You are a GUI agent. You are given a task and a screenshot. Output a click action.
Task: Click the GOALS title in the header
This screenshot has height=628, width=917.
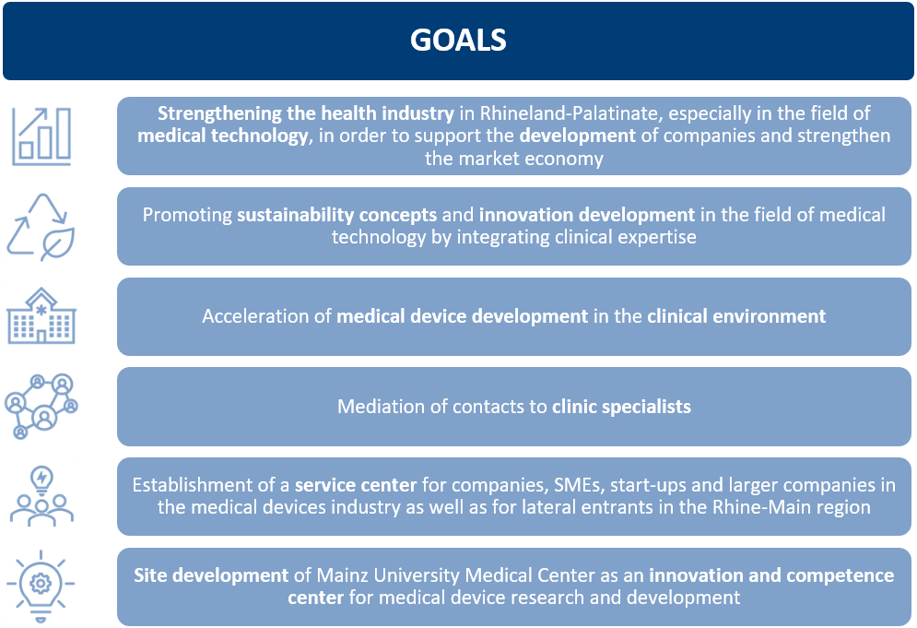click(x=458, y=40)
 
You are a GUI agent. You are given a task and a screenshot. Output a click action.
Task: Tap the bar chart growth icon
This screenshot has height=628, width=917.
click(x=41, y=136)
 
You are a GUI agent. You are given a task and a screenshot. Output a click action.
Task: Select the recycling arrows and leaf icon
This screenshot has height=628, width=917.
click(x=41, y=227)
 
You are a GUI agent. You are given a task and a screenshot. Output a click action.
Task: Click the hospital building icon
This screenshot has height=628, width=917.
click(x=41, y=315)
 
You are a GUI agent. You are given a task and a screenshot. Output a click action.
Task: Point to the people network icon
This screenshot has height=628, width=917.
click(x=41, y=406)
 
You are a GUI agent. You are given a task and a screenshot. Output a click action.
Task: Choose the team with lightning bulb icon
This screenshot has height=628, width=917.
click(x=41, y=496)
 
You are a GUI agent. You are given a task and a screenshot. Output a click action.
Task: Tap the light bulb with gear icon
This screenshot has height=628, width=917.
click(x=41, y=586)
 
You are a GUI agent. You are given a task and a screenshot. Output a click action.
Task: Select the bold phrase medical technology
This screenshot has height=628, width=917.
click(x=223, y=136)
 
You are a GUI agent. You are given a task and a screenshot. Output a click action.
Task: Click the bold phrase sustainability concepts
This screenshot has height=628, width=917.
click(x=337, y=215)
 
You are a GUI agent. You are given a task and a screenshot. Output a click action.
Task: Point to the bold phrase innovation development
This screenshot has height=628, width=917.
click(x=587, y=215)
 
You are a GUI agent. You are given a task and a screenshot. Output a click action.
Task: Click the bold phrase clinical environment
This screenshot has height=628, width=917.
click(x=736, y=316)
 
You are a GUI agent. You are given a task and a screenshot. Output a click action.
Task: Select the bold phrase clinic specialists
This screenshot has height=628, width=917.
click(x=622, y=406)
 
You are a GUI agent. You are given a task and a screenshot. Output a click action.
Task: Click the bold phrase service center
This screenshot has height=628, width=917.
click(x=356, y=485)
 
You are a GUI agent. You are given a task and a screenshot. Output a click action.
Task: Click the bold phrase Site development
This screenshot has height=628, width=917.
click(x=211, y=575)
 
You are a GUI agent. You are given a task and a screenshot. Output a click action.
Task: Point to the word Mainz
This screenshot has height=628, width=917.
click(x=342, y=575)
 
